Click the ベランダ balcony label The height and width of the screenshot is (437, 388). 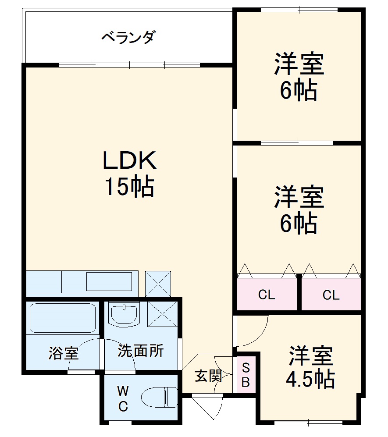click(128, 37)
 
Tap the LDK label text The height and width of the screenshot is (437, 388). click(129, 161)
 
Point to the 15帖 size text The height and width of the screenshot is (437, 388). click(129, 187)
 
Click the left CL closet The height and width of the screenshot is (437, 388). click(267, 295)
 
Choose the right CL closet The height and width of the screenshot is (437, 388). click(331, 295)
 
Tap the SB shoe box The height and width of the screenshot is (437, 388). click(246, 375)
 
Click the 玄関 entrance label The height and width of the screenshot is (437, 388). click(208, 376)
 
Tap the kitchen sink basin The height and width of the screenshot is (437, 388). click(109, 281)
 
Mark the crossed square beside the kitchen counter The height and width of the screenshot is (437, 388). click(158, 284)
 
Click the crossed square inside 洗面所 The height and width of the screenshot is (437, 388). click(163, 314)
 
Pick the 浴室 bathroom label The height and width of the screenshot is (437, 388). click(63, 353)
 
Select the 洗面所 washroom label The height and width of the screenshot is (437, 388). click(140, 351)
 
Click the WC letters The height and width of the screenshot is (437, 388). click(123, 398)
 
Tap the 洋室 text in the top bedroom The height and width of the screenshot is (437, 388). click(299, 65)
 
